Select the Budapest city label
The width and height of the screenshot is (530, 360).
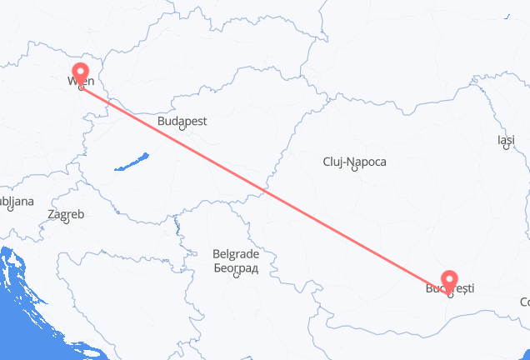coord(182,121)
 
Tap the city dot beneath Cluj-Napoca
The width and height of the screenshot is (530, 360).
coord(355,171)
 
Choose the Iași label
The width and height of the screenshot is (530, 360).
coord(506,140)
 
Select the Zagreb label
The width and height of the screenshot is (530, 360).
coord(66,214)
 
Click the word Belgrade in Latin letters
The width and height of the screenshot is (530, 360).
coord(236,255)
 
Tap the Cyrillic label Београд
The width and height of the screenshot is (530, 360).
coord(236,268)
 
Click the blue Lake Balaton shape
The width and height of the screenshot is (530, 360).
coord(132,161)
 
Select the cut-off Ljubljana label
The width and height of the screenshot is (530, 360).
coord(17,202)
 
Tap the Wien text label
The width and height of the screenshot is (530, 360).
coord(80,82)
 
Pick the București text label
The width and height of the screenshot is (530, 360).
coord(451,288)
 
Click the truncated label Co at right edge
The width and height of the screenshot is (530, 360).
coord(524,301)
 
